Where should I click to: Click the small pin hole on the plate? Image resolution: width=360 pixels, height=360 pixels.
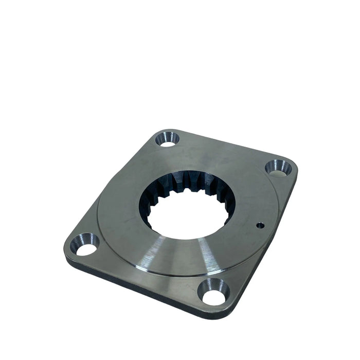(259, 225)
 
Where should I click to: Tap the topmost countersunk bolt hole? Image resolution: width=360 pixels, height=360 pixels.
(168, 138)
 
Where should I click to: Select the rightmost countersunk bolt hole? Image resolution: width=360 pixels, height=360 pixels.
(278, 168)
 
